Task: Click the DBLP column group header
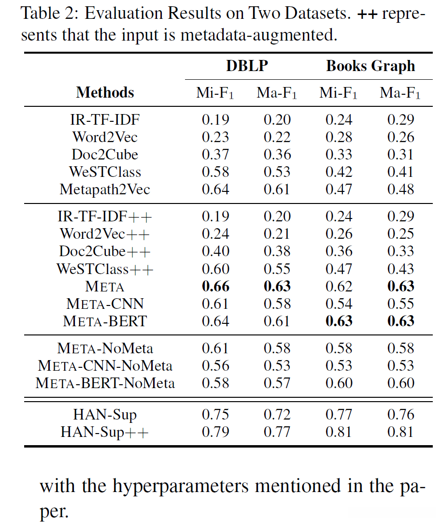coord(246,66)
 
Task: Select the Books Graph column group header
coord(370,66)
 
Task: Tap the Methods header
coord(105,92)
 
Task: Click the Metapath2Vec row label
coord(105,189)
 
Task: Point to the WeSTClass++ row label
coord(105,269)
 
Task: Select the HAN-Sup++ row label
coord(105,432)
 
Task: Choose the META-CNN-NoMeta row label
coord(105,366)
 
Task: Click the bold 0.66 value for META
coord(215,286)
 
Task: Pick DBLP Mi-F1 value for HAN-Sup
coord(215,415)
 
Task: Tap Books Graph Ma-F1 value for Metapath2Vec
coord(400,189)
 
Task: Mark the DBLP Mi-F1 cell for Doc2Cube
coord(215,155)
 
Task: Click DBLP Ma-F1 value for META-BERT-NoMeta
coord(277,383)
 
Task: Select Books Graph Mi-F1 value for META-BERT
coord(339,321)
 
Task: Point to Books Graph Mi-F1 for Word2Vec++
coord(339,234)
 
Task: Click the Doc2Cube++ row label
coord(105,251)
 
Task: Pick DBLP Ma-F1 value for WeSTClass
coord(277,172)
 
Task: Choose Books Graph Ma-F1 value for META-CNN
coord(400,304)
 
